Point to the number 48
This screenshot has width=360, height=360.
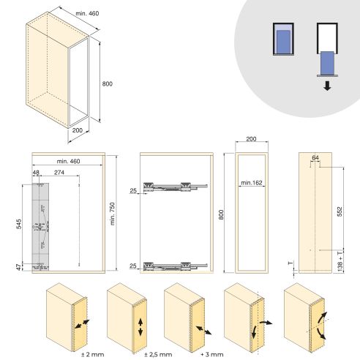click(x=35, y=173)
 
